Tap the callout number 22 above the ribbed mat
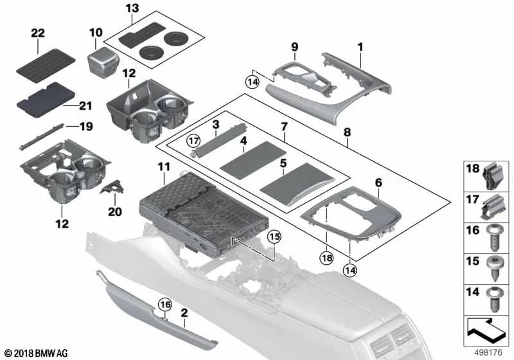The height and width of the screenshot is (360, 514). tap(38, 32)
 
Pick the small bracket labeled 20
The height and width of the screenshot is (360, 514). tap(114, 188)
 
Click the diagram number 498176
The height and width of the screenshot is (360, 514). tap(489, 353)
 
